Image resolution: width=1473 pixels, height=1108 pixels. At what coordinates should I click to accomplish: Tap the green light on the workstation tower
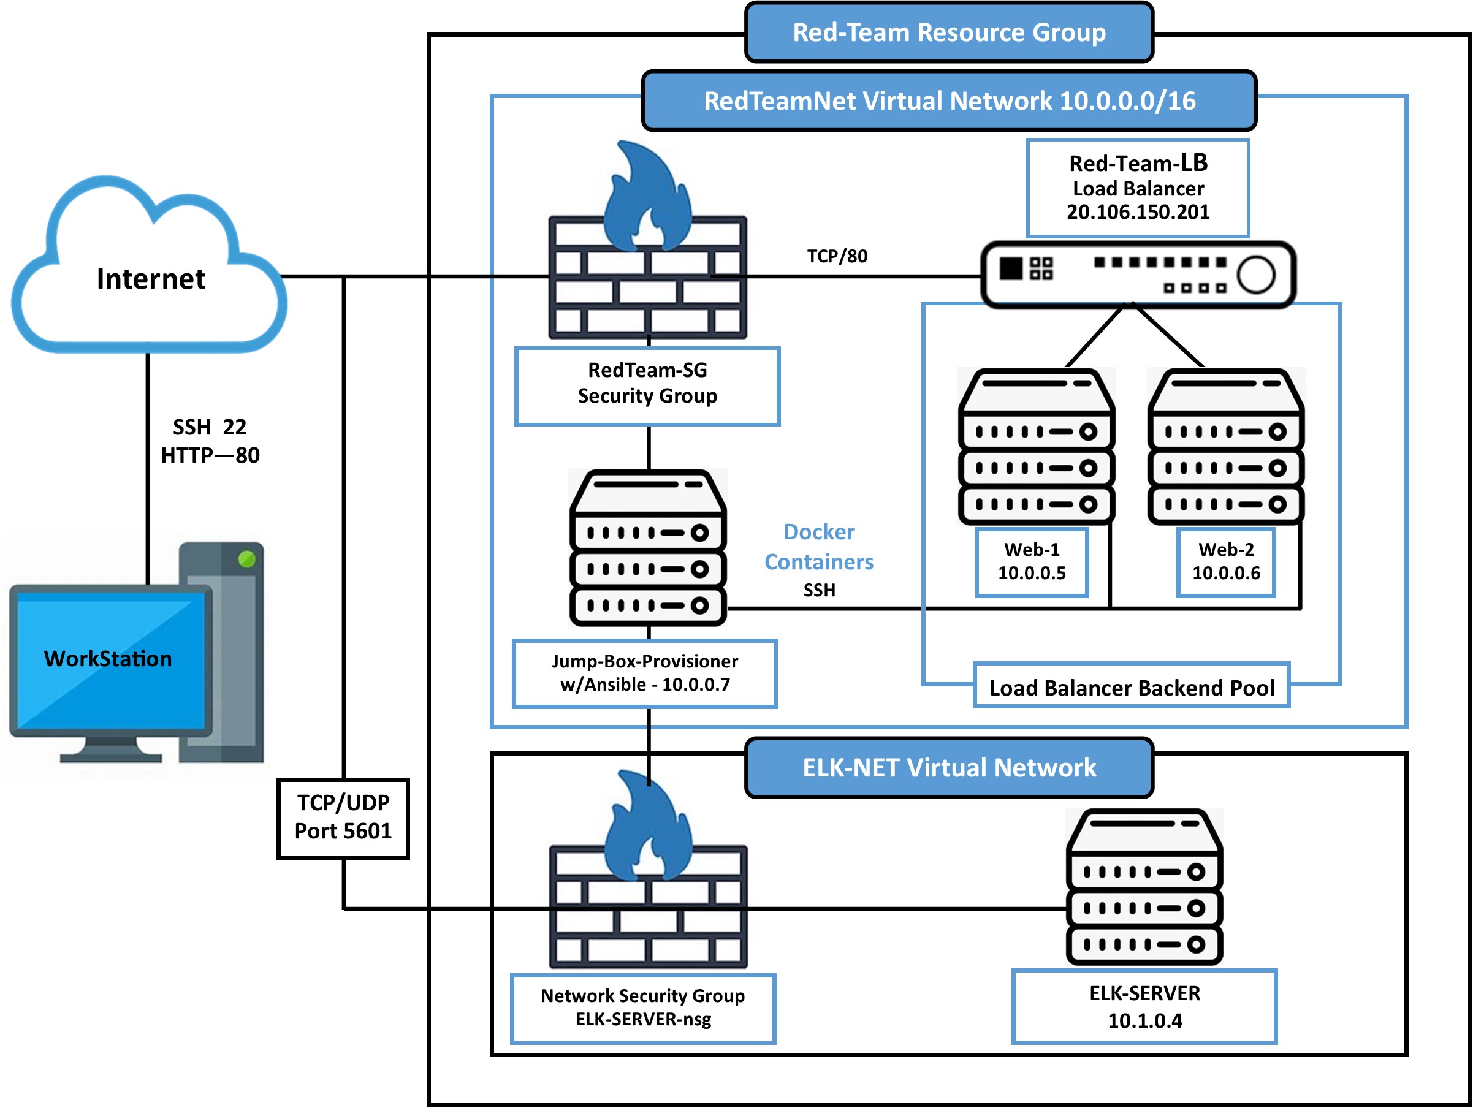click(x=246, y=559)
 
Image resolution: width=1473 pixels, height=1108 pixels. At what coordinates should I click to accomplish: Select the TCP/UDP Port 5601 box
click(x=343, y=818)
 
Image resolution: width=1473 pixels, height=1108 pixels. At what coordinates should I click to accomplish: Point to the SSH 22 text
click(x=209, y=427)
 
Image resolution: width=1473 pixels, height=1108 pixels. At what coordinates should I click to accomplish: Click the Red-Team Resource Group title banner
click(x=948, y=32)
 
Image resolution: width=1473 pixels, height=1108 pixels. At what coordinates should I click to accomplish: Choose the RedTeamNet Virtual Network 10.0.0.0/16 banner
click(x=948, y=101)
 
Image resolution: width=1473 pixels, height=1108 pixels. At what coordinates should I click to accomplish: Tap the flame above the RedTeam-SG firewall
click(x=646, y=197)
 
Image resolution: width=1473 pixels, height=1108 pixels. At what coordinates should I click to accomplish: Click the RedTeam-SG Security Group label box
click(x=647, y=385)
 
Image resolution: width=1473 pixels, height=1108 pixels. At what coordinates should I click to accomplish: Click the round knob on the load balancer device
click(x=1256, y=274)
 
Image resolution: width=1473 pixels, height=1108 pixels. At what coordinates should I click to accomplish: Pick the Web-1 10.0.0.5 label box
click(x=1032, y=561)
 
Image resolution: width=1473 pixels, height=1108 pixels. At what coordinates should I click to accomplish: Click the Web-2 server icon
click(x=1225, y=446)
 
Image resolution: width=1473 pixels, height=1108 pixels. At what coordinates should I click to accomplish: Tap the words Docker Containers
click(x=818, y=547)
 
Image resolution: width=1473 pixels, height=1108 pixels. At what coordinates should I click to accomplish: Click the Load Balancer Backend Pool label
click(x=1132, y=687)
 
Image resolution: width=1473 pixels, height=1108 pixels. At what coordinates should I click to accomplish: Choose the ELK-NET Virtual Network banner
click(x=948, y=768)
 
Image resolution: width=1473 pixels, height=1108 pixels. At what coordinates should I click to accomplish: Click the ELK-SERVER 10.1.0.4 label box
click(x=1144, y=1006)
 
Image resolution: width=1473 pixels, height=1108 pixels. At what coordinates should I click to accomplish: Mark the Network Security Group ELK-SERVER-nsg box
click(x=642, y=1007)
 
